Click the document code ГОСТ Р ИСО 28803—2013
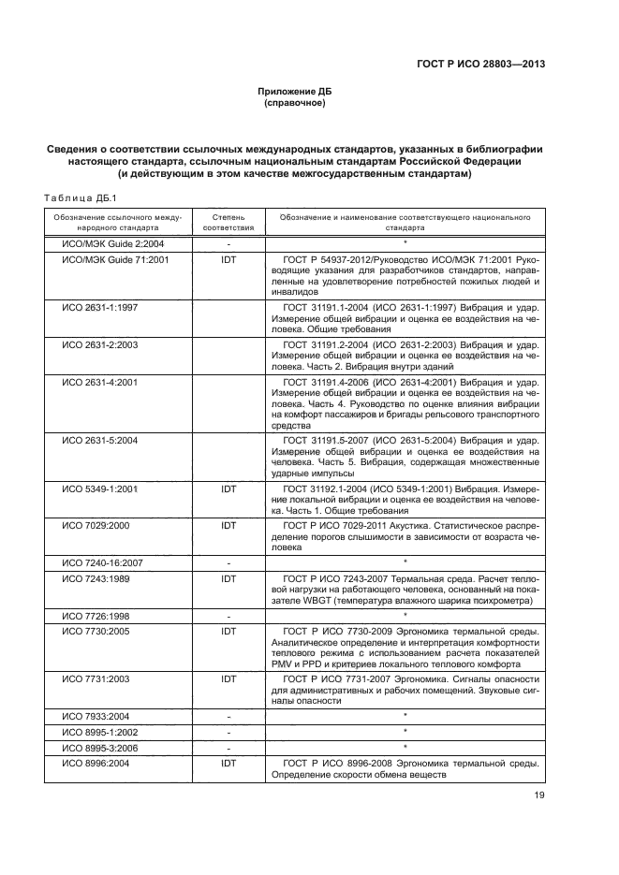coord(480,65)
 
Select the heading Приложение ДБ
coord(295,91)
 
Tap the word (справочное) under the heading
coord(295,103)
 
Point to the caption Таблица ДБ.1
coord(79,198)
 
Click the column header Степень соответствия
coord(228,222)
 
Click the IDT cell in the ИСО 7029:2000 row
coord(228,526)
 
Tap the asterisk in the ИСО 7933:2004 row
coord(405,715)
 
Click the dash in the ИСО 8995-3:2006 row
coord(228,748)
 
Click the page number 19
coord(538,795)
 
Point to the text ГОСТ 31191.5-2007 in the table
coord(319,439)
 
